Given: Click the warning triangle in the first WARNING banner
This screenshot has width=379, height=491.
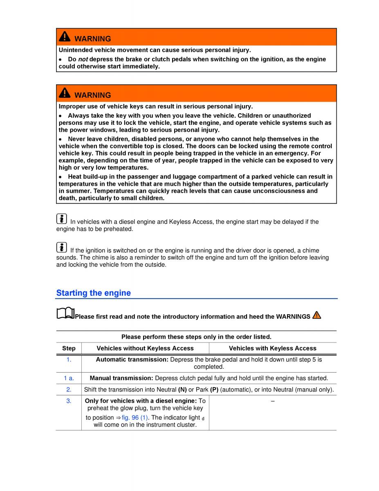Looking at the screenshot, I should tap(65, 37).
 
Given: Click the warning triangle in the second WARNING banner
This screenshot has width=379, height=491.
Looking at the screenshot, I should tap(65, 93).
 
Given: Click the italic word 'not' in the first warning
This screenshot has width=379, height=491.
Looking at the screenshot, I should tap(83, 59).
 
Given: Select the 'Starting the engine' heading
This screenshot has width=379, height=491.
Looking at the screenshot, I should tap(94, 293).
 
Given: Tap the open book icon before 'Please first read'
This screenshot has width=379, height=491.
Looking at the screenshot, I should tap(65, 314).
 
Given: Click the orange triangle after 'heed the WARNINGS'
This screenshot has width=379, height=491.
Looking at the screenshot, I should tap(316, 315).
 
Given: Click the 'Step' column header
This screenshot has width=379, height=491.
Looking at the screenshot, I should tap(69, 349).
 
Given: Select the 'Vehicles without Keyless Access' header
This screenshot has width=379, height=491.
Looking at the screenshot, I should tap(145, 349).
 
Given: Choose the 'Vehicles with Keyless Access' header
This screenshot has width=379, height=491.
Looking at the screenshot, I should tap(273, 349).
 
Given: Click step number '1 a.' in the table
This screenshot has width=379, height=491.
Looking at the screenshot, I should tap(69, 378).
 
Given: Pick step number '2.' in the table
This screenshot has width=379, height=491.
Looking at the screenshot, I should tap(69, 390).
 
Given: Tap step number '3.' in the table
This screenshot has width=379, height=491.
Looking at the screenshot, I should tap(69, 401).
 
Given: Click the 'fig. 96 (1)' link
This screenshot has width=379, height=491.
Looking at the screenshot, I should tap(135, 418).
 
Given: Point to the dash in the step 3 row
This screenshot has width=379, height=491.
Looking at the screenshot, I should tap(273, 401).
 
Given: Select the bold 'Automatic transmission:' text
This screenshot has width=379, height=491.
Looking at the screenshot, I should tap(132, 360).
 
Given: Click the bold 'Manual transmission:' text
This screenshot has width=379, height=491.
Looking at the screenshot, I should tap(121, 378).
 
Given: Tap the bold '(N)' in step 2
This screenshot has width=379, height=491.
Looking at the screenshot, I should tap(182, 390).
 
